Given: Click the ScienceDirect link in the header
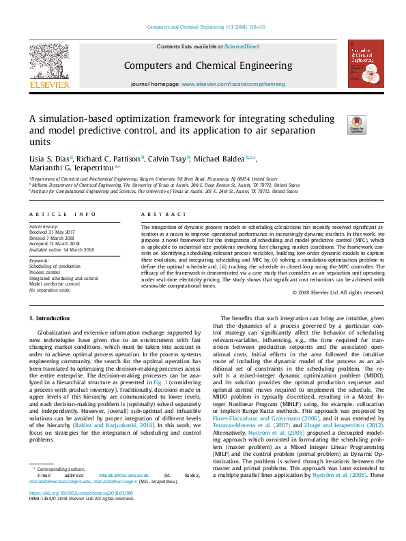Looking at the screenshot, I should coord(242,46).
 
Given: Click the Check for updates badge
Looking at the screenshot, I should coord(356,125).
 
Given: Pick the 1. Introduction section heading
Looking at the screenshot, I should coord(51,319).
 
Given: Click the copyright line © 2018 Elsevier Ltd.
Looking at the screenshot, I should coord(338,292).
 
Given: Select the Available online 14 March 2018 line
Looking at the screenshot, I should coord(61,249).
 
